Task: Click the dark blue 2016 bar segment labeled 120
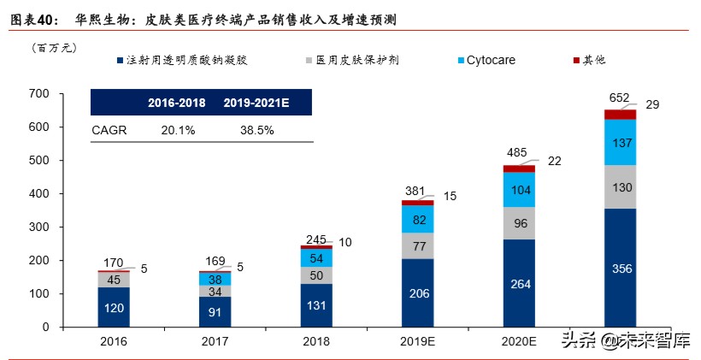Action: tap(114, 307)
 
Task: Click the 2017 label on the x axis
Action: tap(215, 341)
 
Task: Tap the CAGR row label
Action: tap(108, 130)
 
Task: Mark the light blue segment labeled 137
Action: tap(621, 142)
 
